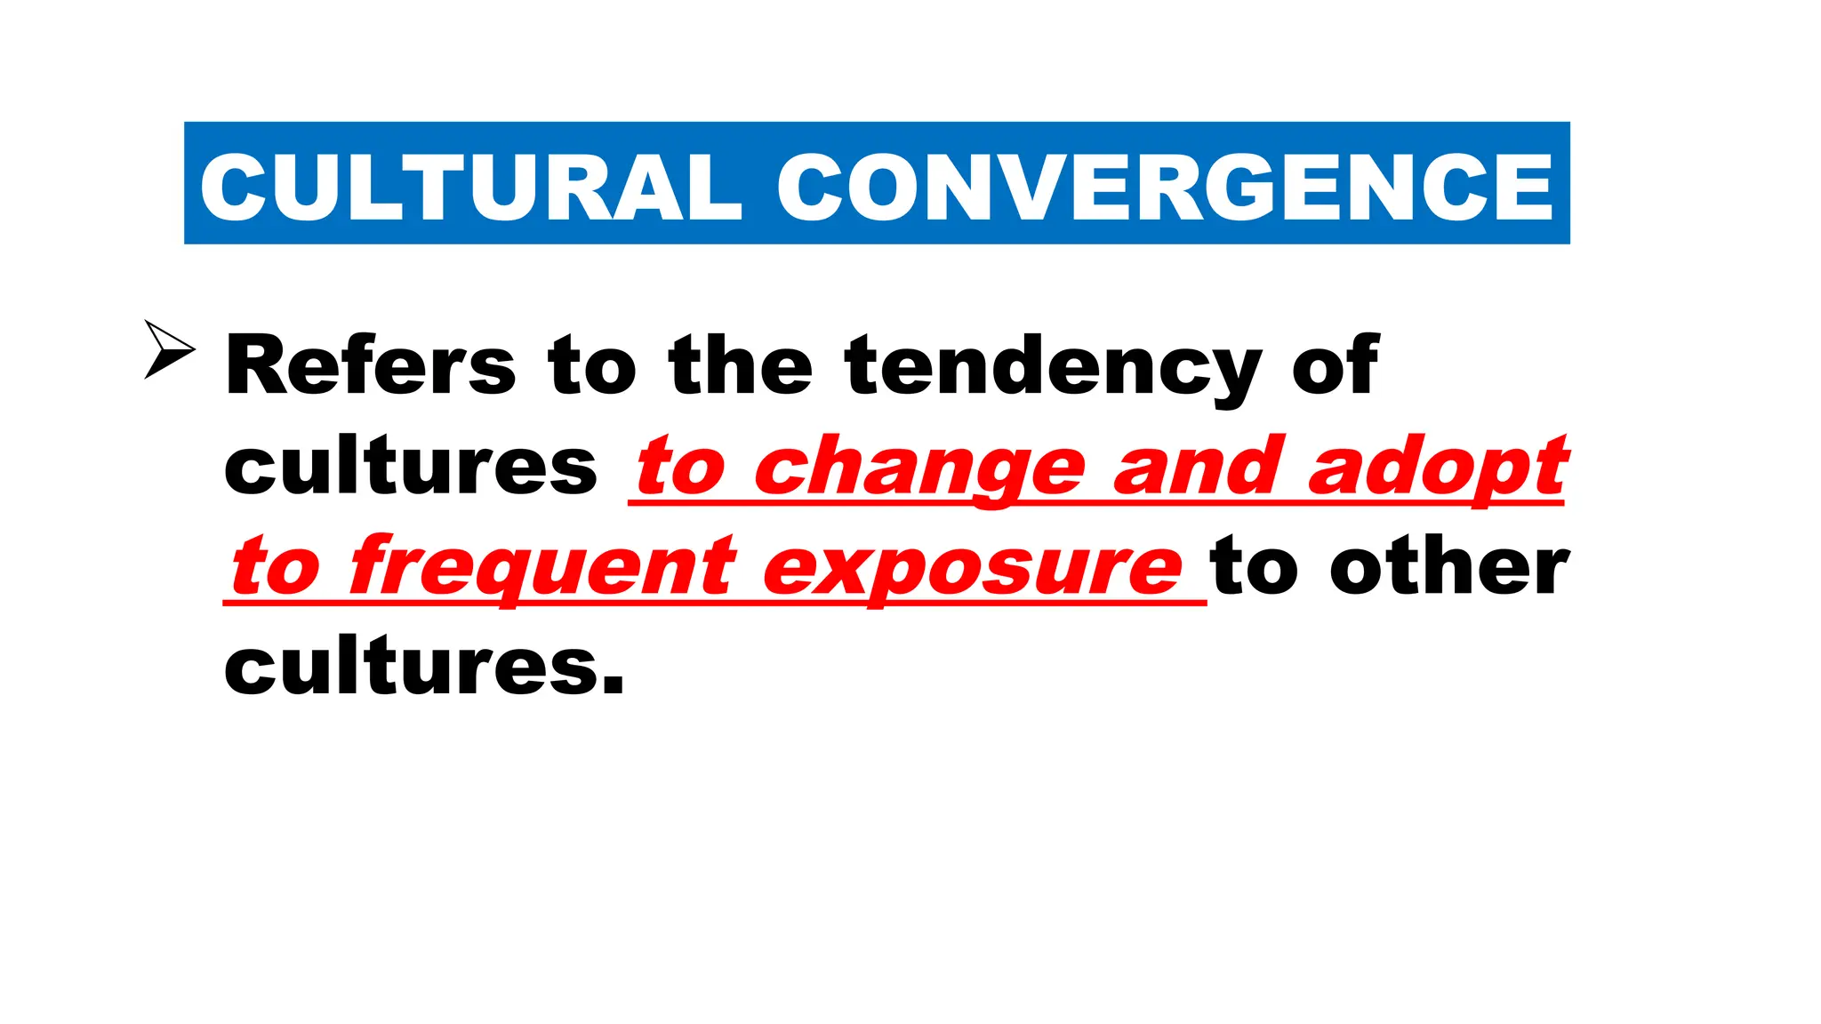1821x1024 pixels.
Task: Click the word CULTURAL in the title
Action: pos(470,187)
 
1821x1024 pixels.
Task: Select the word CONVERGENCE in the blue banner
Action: pos(1165,187)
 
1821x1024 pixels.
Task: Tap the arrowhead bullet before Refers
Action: pos(168,350)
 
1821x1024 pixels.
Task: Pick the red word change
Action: pos(919,469)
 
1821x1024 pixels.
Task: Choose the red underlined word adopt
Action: pos(1437,468)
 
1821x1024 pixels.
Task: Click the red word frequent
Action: pos(542,569)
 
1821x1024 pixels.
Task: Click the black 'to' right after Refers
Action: pos(592,366)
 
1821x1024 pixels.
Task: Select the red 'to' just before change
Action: pos(681,468)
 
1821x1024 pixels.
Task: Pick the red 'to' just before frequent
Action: pos(276,569)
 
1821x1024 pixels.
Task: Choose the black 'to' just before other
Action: pos(1255,569)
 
